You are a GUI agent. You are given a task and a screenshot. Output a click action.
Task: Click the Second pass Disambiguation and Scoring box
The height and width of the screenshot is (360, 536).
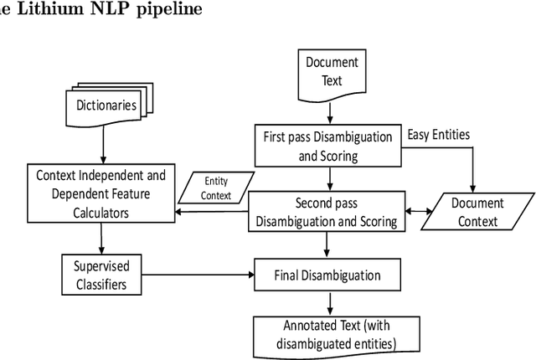(x=327, y=211)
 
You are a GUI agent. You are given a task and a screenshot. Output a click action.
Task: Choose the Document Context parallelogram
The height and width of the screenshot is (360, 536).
(x=477, y=212)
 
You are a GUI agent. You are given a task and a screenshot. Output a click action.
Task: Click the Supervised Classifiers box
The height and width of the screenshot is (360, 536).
(x=101, y=274)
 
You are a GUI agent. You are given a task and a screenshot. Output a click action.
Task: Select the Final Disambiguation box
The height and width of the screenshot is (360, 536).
(x=327, y=275)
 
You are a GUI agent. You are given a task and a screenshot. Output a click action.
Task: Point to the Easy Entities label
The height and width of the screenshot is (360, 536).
(x=438, y=134)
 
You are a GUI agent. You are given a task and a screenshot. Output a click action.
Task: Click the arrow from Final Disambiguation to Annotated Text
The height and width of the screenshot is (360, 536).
(x=327, y=301)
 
